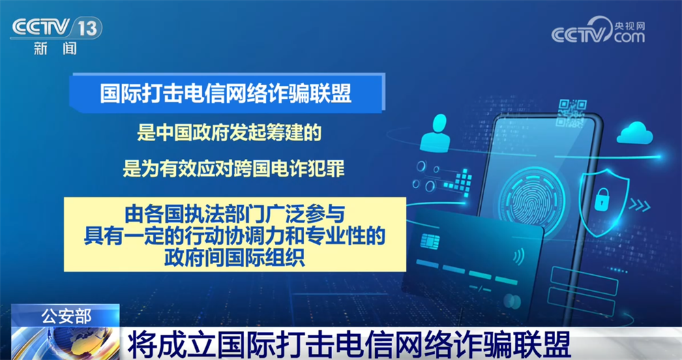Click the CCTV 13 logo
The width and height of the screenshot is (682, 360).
[x=57, y=28]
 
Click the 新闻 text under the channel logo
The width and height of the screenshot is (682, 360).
[x=55, y=48]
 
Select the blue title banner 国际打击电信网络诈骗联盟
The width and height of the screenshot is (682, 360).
[x=227, y=93]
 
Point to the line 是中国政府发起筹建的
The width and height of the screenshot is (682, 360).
[x=229, y=132]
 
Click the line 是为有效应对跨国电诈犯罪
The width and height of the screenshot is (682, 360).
[x=233, y=168]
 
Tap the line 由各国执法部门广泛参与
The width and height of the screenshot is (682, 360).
[x=235, y=214]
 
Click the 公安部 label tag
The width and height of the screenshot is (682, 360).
[x=65, y=316]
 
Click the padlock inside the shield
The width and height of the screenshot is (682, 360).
[x=602, y=199]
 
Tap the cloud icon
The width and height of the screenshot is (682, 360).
[x=635, y=133]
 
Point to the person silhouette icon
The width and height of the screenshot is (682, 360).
[x=435, y=132]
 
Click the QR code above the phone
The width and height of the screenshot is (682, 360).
[x=572, y=112]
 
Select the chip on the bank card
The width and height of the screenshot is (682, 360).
[x=430, y=241]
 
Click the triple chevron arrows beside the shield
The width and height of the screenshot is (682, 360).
[x=640, y=206]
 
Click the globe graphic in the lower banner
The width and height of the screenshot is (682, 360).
[x=65, y=344]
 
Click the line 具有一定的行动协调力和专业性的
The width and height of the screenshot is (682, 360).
[x=235, y=236]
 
